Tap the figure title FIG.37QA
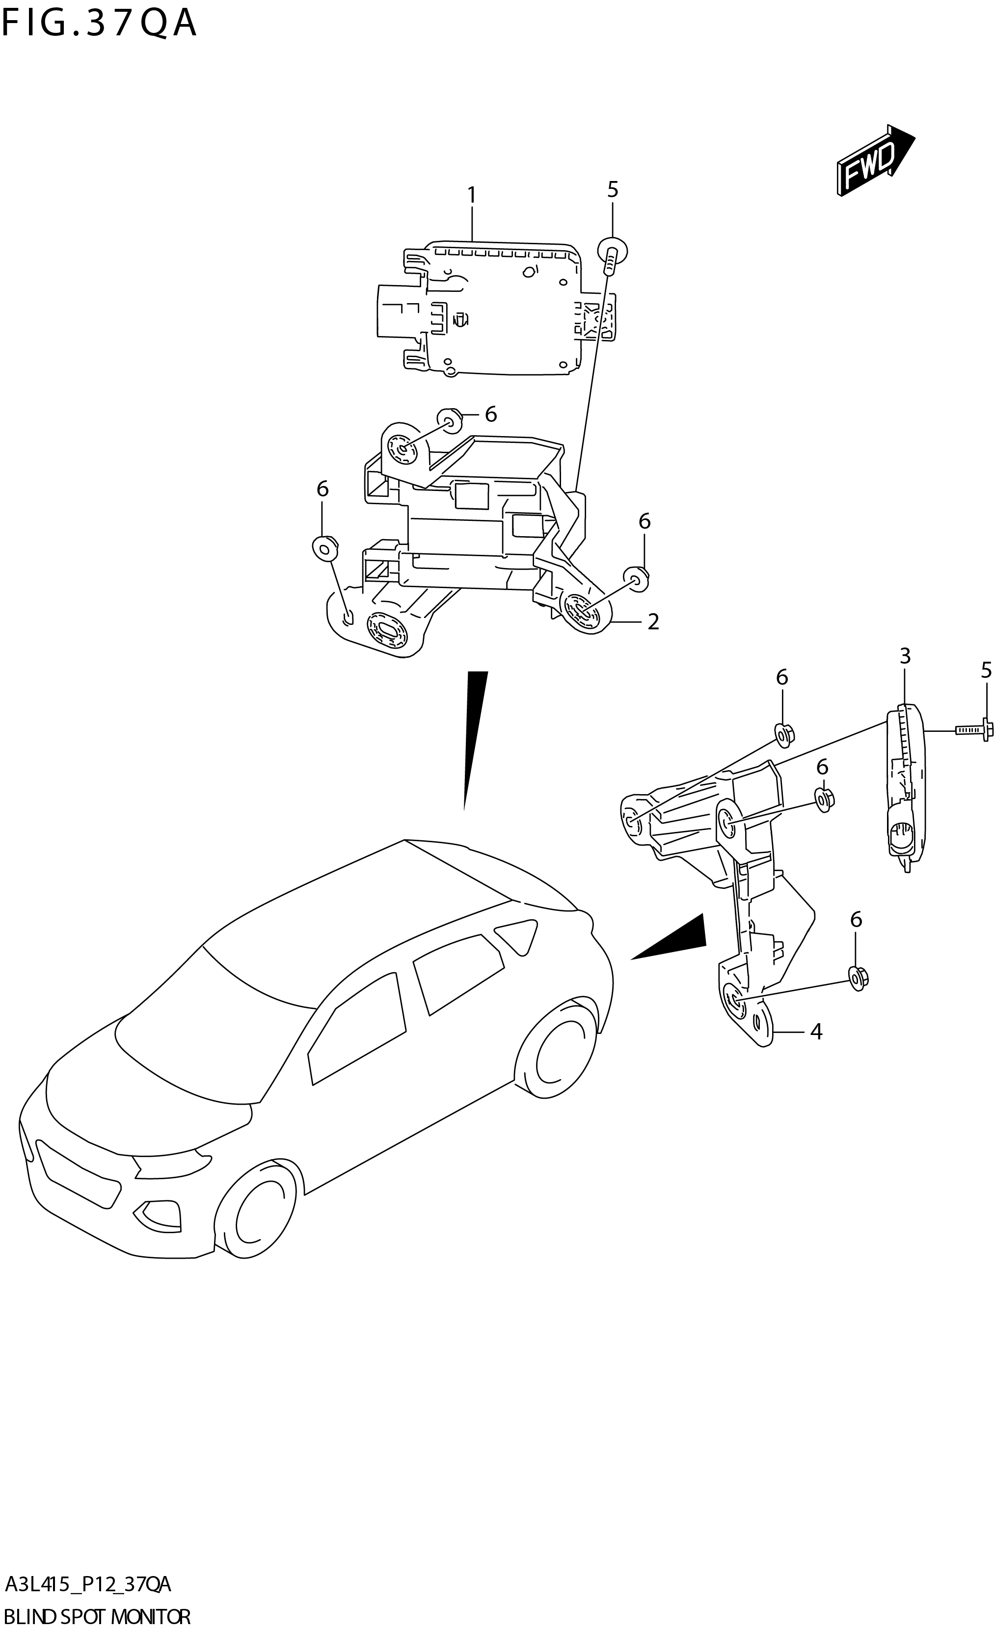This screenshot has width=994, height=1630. pyautogui.click(x=99, y=23)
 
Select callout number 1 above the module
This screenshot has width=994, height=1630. pyautogui.click(x=471, y=195)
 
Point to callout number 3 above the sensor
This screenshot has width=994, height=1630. pyautogui.click(x=905, y=656)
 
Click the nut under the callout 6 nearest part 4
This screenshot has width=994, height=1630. pyautogui.click(x=858, y=978)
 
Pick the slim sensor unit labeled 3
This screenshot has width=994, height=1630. pyautogui.click(x=904, y=787)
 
